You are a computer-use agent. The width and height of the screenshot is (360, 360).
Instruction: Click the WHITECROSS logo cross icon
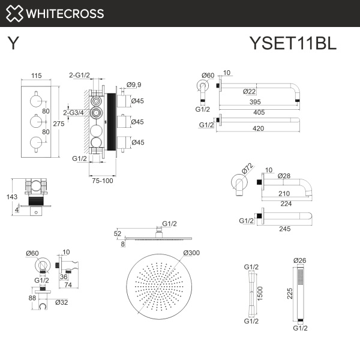click(x=16, y=13)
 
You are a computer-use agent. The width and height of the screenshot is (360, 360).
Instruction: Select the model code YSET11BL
click(x=292, y=44)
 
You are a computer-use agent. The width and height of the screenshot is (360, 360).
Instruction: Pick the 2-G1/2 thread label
click(x=79, y=75)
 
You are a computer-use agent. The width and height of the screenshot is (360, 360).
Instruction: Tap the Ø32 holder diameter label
click(x=61, y=302)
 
